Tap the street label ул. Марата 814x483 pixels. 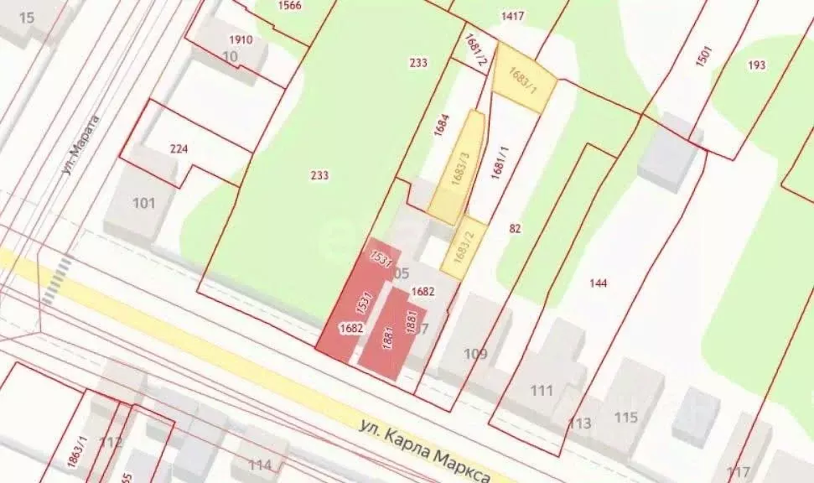pyautogui.click(x=80, y=144)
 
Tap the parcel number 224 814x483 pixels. pyautogui.click(x=179, y=149)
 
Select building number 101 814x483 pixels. pyautogui.click(x=144, y=203)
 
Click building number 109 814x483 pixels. pyautogui.click(x=475, y=353)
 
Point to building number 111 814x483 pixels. pyautogui.click(x=542, y=390)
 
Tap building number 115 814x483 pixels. pyautogui.click(x=625, y=417)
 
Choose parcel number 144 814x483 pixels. pyautogui.click(x=598, y=283)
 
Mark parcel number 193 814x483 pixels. pyautogui.click(x=757, y=65)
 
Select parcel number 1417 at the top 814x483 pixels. pyautogui.click(x=512, y=15)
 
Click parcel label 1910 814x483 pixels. pyautogui.click(x=241, y=39)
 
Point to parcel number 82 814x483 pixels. pyautogui.click(x=515, y=227)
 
